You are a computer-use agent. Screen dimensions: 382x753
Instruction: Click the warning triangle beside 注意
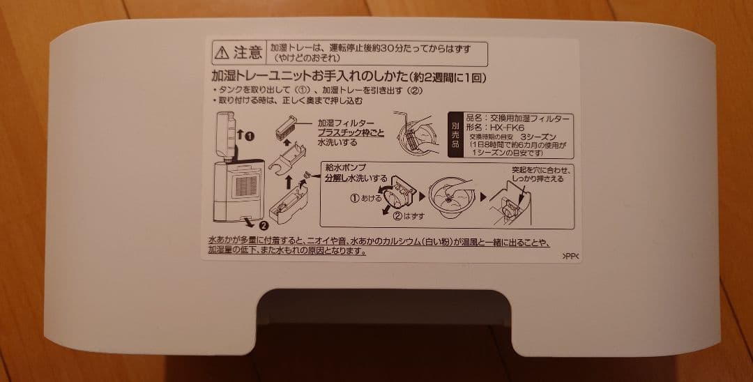(x=222, y=52)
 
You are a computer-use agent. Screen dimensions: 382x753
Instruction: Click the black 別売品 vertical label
(x=454, y=134)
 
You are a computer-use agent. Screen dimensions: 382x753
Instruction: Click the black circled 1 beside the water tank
(x=250, y=135)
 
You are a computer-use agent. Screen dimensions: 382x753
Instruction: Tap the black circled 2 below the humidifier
(x=263, y=224)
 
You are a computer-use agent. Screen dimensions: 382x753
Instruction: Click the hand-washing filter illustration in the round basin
(x=418, y=134)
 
